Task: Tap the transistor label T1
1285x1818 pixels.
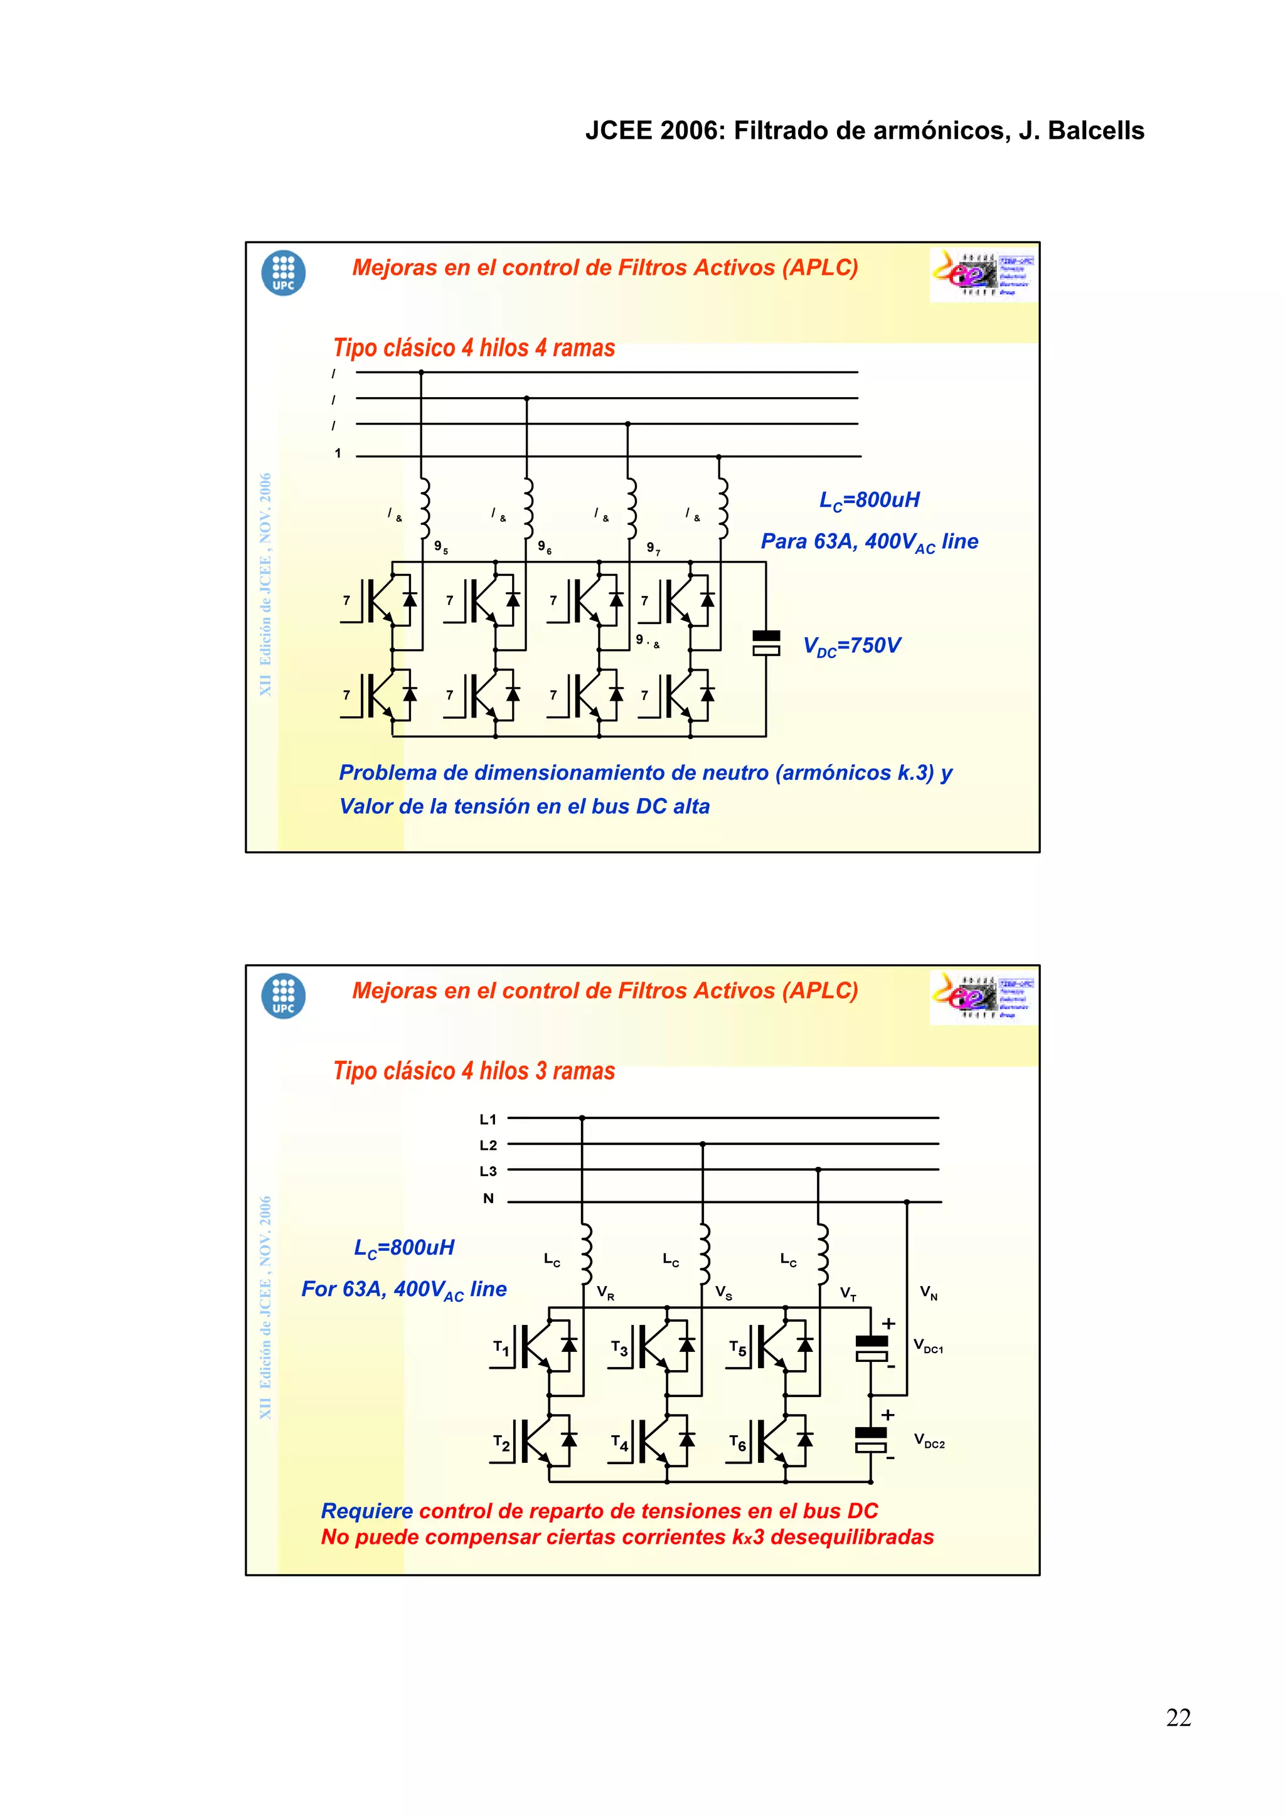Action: [501, 1348]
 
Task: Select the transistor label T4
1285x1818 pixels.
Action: [619, 1443]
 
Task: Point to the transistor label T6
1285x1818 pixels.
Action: [737, 1443]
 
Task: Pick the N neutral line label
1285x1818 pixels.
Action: [489, 1198]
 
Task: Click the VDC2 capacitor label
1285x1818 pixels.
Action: [929, 1440]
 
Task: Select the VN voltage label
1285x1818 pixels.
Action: [929, 1293]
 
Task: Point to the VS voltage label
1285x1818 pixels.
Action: [723, 1293]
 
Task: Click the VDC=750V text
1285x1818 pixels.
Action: [852, 646]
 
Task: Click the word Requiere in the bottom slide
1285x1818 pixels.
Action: [366, 1511]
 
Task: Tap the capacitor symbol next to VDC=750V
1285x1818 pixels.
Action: [765, 643]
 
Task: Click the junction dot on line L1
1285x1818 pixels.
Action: [582, 1118]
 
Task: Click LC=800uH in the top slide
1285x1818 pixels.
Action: [870, 501]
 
